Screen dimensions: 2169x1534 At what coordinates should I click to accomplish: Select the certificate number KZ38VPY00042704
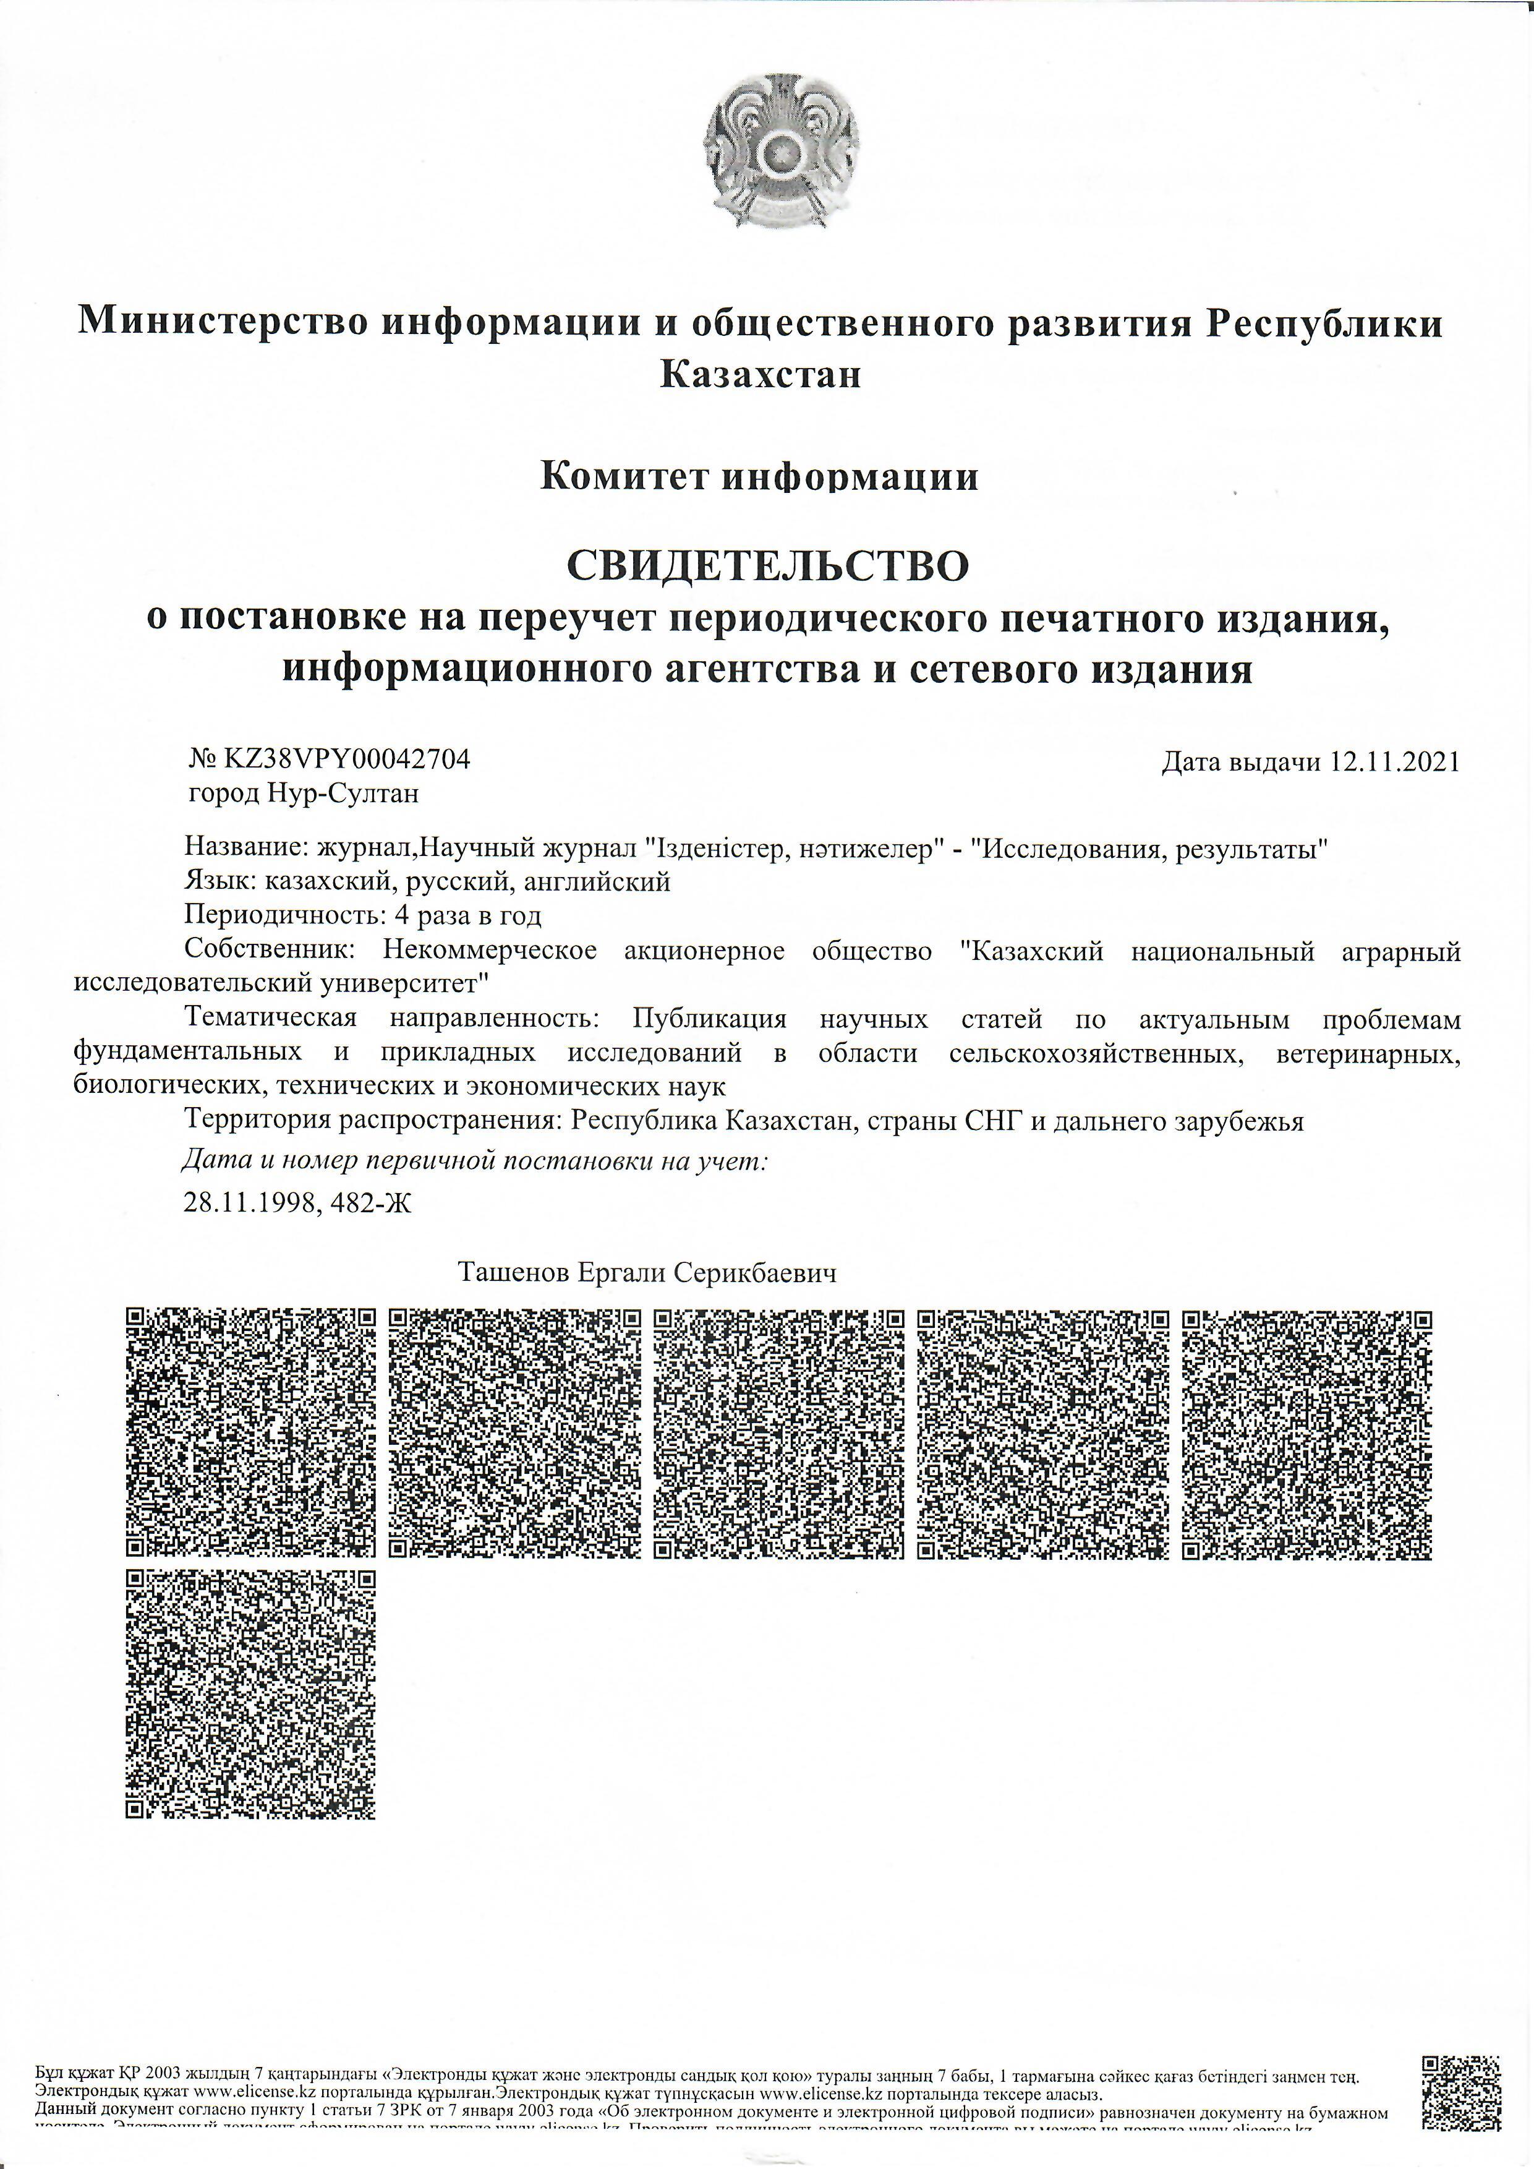click(346, 759)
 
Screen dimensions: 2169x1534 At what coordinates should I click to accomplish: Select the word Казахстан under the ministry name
click(761, 375)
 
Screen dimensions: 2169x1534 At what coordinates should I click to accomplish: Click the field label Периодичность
click(279, 915)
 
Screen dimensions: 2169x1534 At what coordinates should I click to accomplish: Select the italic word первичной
click(433, 1161)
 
